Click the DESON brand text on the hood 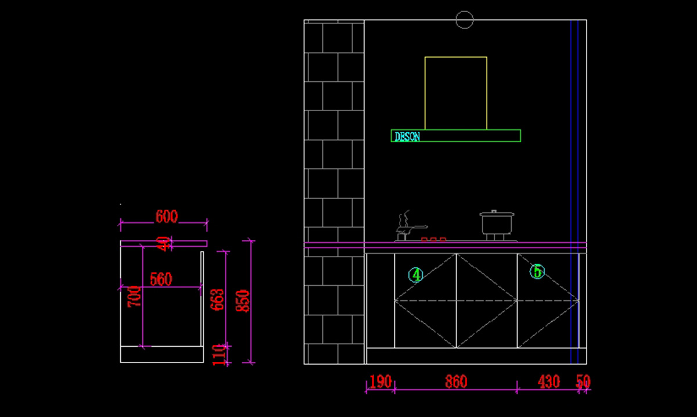407,137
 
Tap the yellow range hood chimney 455,93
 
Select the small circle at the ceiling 465,20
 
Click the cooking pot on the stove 497,224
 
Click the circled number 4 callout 415,275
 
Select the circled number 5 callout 537,271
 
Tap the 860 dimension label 456,382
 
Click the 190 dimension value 380,382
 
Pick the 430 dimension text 548,382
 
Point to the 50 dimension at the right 583,382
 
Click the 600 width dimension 167,217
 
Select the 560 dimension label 161,280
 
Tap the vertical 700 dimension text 135,297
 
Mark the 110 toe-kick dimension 218,354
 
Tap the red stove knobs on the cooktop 433,239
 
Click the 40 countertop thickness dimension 165,243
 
